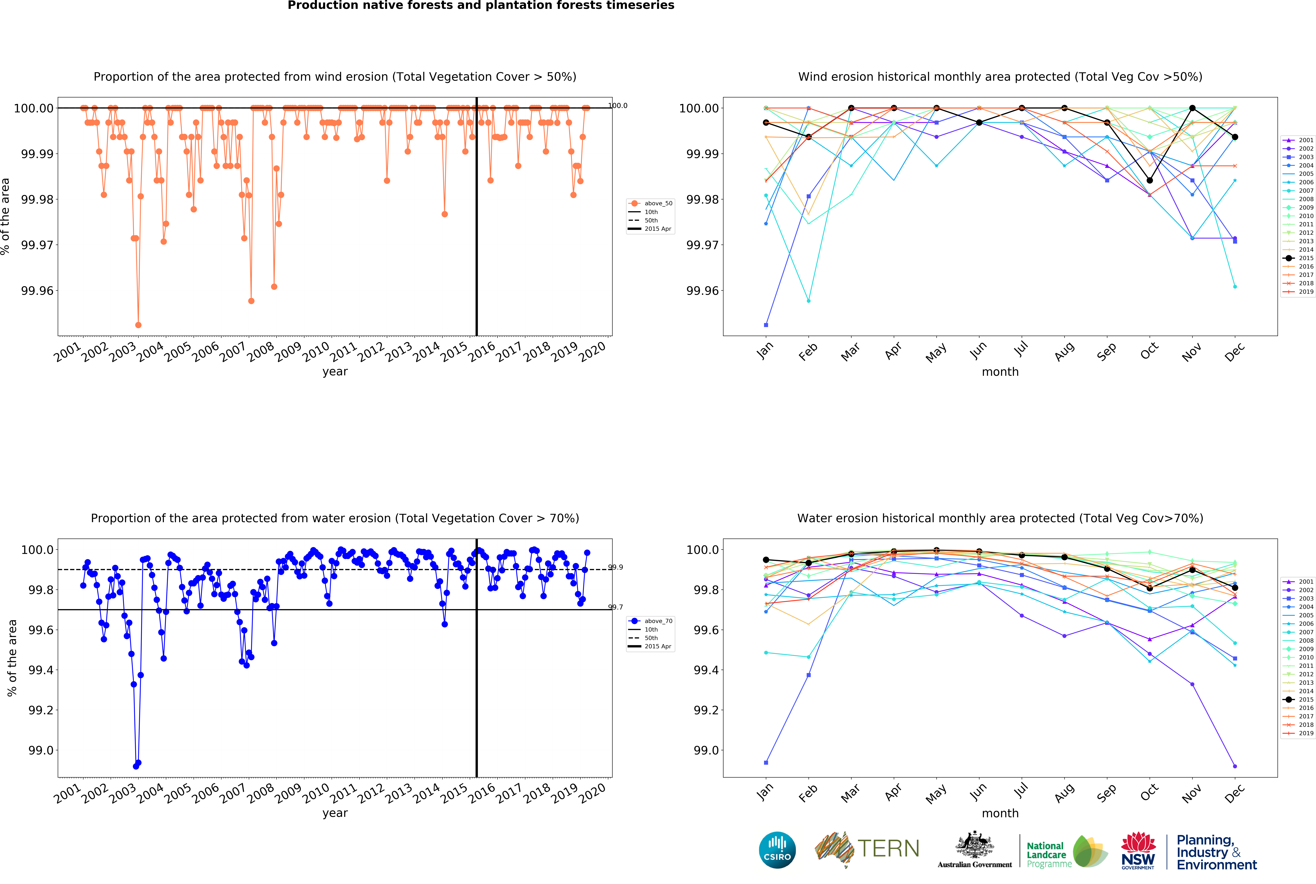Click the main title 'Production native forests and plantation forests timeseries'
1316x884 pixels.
(x=480, y=6)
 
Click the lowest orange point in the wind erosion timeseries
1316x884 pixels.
(x=138, y=325)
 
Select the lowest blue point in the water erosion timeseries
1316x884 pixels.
(x=136, y=766)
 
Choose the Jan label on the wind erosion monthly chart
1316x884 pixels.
(x=765, y=351)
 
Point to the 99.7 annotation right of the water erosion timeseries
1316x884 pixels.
(x=615, y=607)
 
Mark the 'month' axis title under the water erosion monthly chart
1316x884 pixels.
(x=1000, y=813)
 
